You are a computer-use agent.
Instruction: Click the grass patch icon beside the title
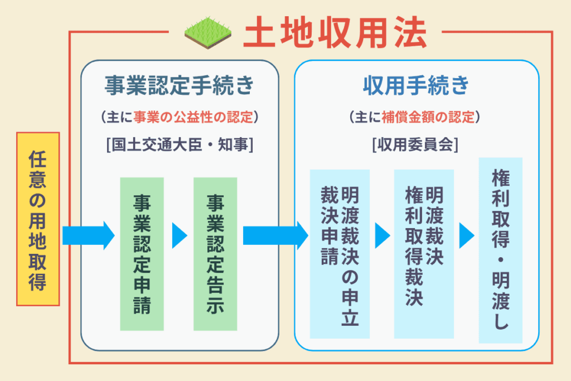pos(208,33)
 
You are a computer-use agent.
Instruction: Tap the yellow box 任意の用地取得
pos(38,219)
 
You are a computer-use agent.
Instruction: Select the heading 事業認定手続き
pos(179,86)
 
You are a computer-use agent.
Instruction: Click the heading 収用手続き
pos(416,86)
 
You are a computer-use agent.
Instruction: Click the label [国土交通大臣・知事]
pos(179,145)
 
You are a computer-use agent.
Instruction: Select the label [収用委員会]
pos(416,145)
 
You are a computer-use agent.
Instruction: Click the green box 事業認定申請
pos(142,254)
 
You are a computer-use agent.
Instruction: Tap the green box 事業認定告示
pos(215,254)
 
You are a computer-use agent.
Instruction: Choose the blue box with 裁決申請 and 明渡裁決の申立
pos(340,254)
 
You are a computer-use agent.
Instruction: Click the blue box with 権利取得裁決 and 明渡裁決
pos(423,254)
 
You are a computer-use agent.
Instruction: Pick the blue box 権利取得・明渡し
pos(500,250)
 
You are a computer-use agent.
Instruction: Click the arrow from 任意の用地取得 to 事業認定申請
pos(88,235)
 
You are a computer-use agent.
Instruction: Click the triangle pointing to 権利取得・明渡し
pos(466,235)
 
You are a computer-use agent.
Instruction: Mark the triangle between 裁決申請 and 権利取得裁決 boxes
pos(382,235)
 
